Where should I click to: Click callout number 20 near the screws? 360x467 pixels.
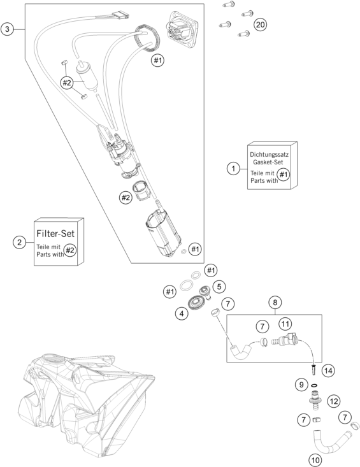coord(260,24)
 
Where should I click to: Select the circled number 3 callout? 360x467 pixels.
coord(7,29)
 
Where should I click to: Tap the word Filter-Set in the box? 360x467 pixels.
coord(55,233)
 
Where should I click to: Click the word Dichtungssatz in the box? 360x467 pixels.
coord(269,155)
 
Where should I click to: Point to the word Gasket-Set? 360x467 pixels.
coord(268,162)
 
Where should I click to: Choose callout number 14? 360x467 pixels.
coord(328,371)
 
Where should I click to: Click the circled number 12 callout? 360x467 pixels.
coord(333,401)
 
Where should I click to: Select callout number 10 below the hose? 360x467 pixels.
coord(315,460)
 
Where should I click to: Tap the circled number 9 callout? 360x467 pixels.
coord(301,385)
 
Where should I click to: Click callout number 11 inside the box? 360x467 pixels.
coord(285,324)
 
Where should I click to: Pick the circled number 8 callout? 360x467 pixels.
coord(275,303)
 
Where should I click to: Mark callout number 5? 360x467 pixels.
coord(219,287)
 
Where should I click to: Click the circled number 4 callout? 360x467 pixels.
coord(182,313)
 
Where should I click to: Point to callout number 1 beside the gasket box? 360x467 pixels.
coord(233,169)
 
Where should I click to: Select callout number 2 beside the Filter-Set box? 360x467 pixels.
coord(19,242)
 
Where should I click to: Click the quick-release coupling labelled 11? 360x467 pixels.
coord(284,340)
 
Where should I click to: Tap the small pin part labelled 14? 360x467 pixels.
coord(313,371)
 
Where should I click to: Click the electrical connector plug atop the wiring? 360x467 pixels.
coord(120,15)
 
